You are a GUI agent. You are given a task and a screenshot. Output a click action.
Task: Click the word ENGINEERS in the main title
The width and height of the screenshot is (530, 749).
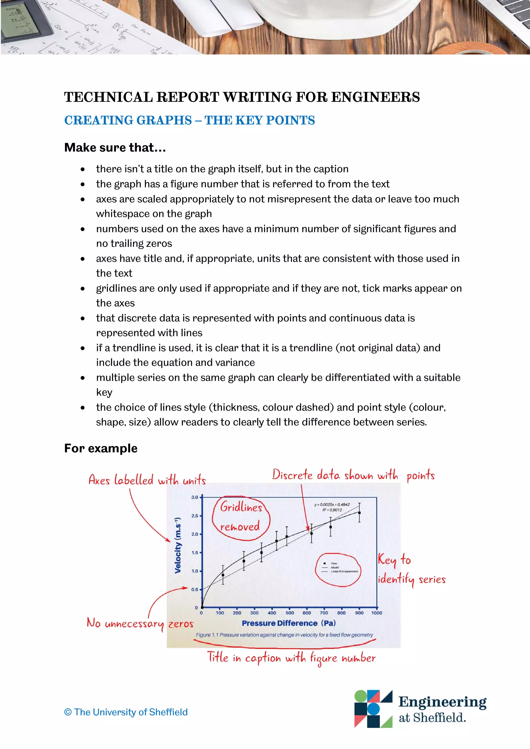[375, 97]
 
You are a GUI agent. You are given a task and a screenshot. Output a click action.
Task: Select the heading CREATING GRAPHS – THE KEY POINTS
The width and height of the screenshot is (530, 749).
[189, 120]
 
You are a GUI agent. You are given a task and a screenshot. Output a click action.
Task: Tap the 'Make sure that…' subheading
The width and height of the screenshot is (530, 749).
[115, 147]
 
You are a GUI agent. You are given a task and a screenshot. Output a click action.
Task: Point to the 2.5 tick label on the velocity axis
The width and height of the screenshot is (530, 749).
[195, 516]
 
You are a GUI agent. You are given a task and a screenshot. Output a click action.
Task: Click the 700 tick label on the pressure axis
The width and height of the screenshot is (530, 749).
[324, 613]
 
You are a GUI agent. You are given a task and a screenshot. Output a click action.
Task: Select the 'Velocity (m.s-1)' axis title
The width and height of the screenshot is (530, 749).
[178, 545]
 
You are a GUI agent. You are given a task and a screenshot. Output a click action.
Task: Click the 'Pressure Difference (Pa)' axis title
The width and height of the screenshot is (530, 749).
[289, 623]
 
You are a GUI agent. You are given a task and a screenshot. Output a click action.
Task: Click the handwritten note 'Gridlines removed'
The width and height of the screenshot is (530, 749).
[241, 517]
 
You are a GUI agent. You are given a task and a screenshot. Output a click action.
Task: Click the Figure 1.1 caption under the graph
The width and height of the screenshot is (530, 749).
[284, 635]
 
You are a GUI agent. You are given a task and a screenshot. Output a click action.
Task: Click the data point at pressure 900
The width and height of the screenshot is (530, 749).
[359, 513]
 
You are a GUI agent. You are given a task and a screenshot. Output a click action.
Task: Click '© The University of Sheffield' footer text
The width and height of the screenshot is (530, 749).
[126, 712]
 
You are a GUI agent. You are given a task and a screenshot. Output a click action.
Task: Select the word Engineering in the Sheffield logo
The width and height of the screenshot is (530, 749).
[442, 702]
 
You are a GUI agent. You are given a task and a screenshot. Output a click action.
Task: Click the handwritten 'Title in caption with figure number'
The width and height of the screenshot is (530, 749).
[291, 658]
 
